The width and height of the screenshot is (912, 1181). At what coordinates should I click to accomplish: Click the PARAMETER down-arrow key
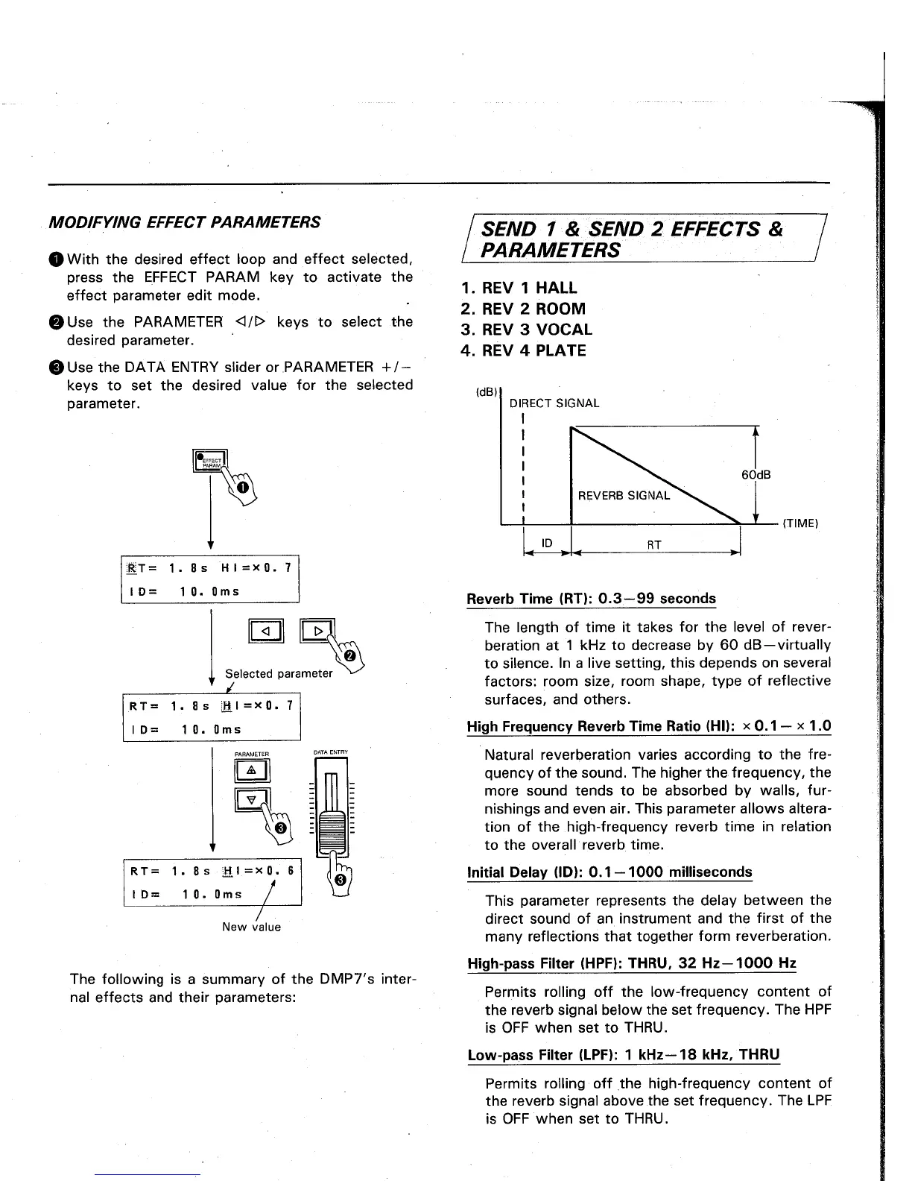pos(251,799)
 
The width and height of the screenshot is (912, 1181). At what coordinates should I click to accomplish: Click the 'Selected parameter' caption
pos(279,673)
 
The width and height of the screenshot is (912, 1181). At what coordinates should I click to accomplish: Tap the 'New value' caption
pos(251,927)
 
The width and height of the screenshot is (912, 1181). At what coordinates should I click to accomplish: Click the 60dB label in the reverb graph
pos(756,475)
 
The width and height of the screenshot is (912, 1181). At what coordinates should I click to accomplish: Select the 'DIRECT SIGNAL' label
pos(554,403)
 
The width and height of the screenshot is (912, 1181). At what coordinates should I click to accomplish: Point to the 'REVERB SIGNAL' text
pos(624,495)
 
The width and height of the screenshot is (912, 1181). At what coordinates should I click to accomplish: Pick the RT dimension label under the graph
pos(655,545)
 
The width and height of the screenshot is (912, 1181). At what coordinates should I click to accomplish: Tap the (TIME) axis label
pos(800,523)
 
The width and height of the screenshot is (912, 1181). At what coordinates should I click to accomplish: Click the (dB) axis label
pos(486,392)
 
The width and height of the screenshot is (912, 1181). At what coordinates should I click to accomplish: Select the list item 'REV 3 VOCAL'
pos(526,330)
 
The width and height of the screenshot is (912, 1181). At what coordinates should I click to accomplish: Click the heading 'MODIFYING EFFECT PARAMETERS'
pos(184,222)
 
